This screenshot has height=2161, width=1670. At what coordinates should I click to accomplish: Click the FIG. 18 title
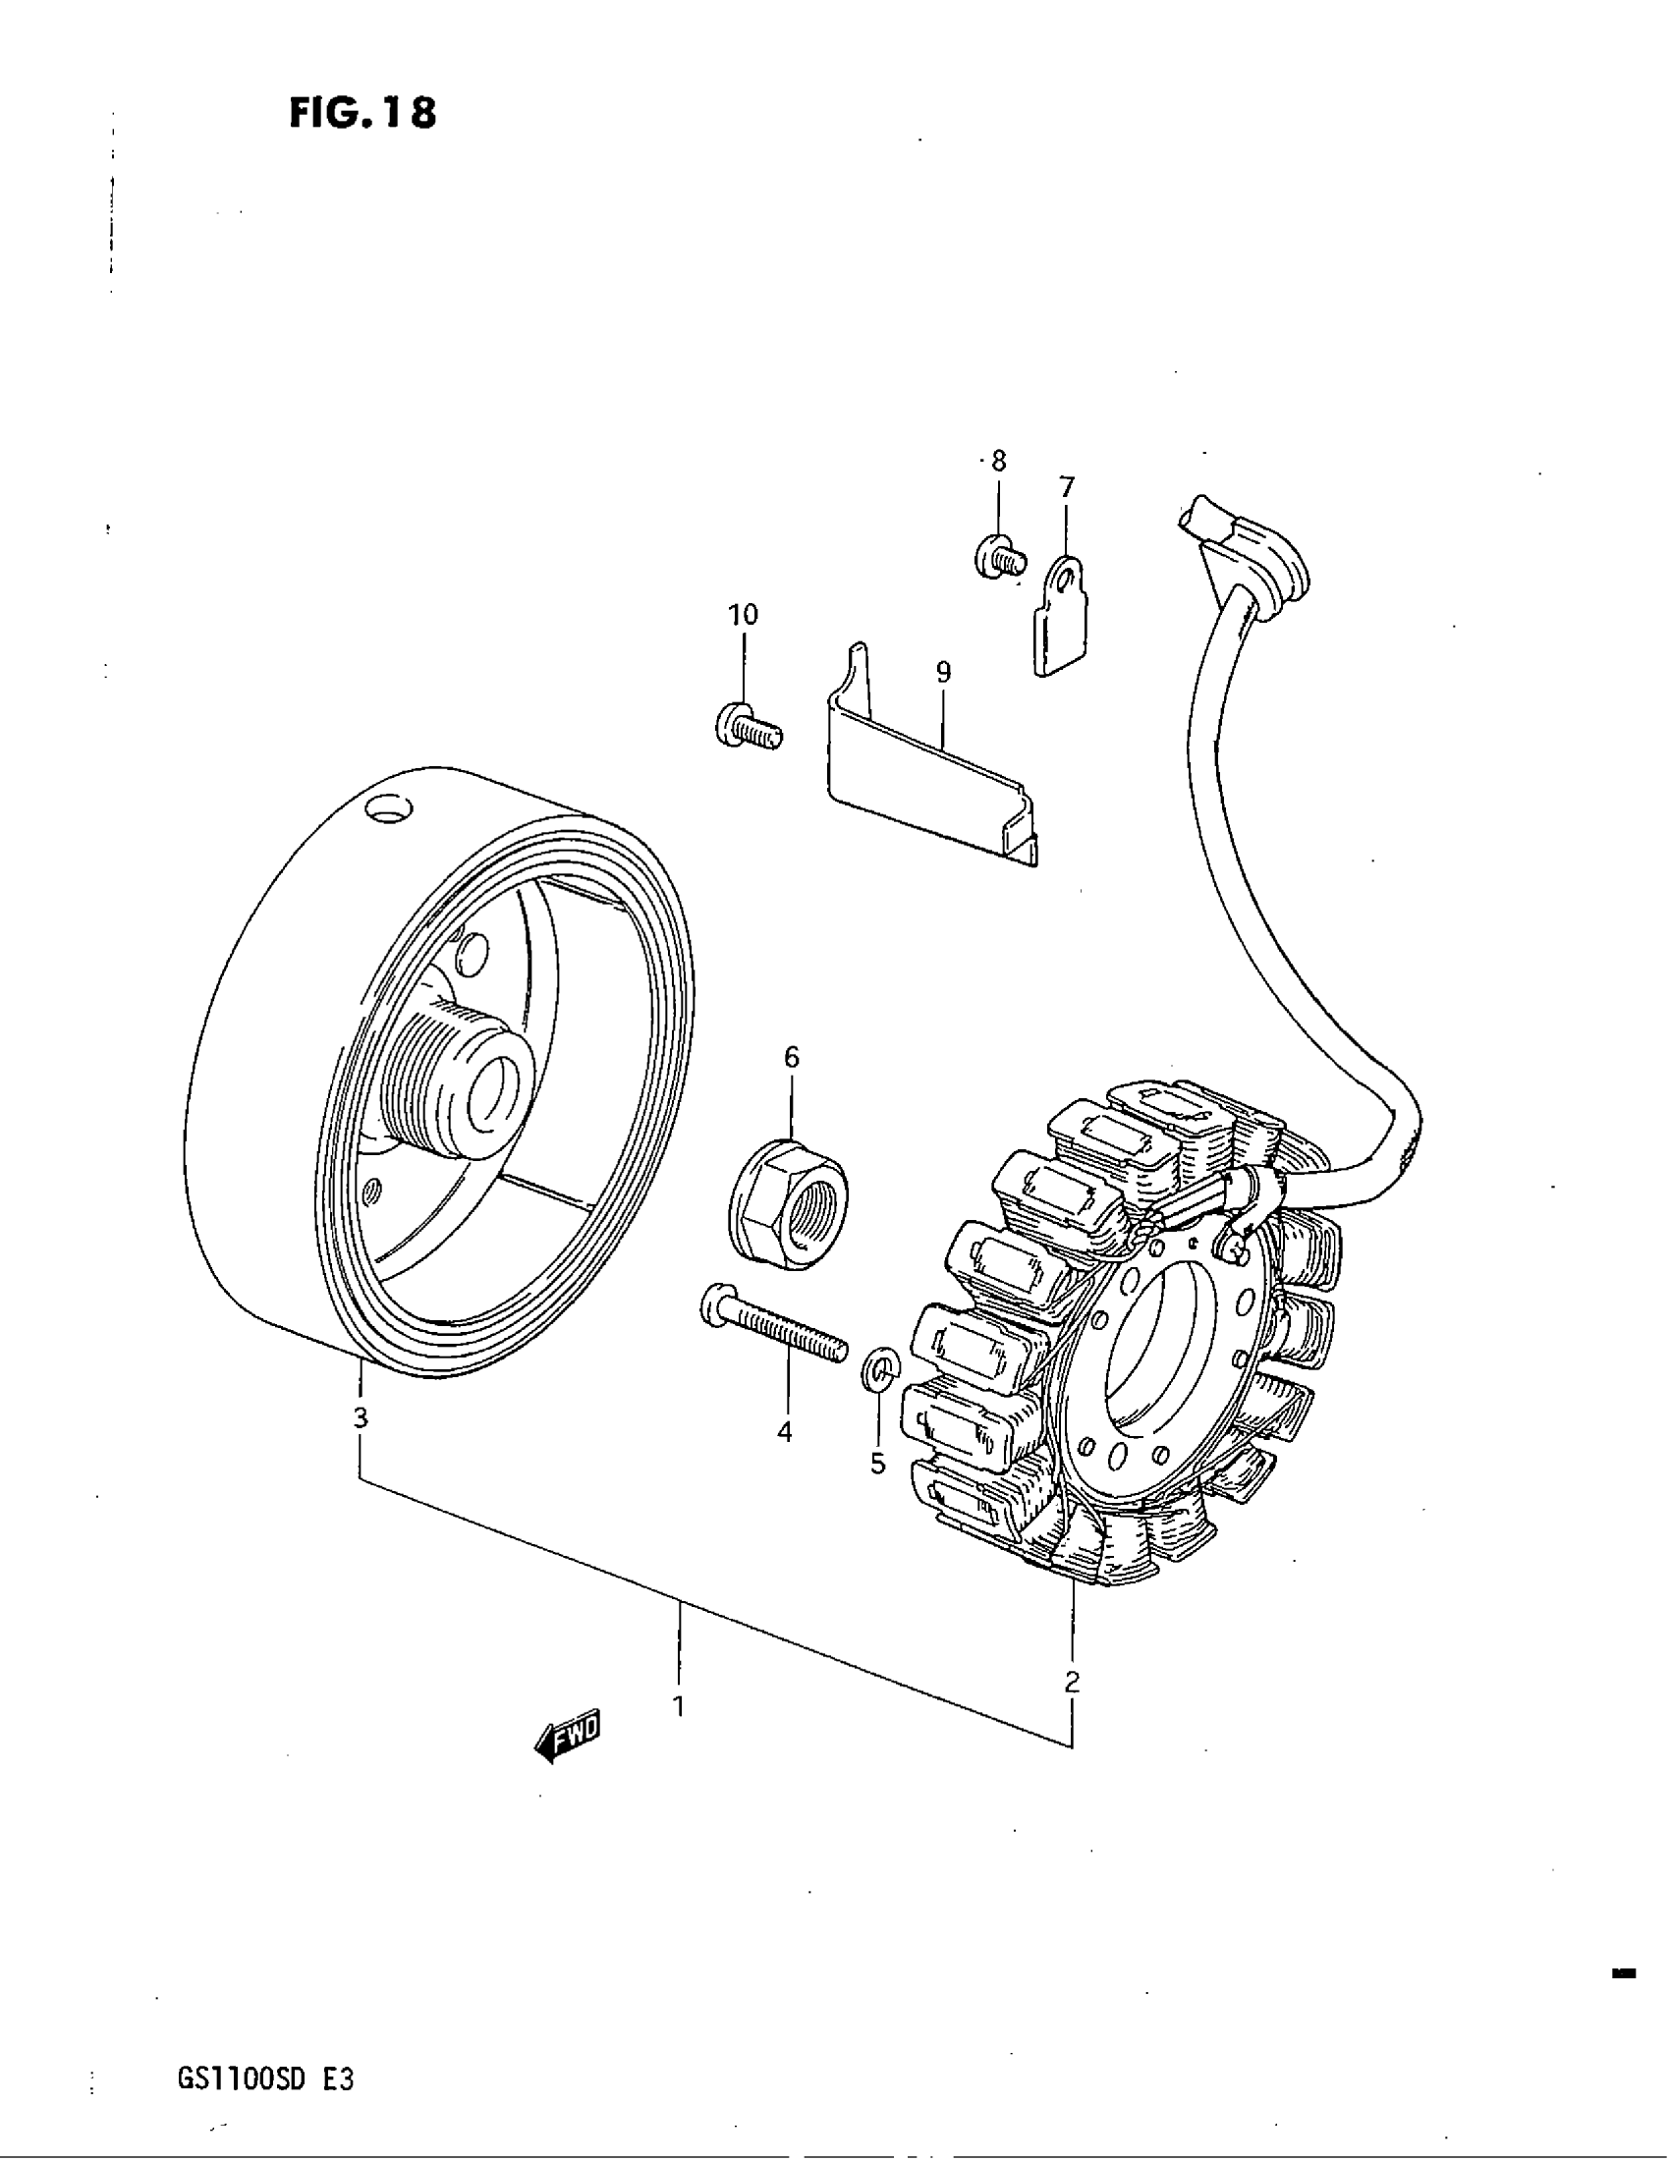tap(362, 114)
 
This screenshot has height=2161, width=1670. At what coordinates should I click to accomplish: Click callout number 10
tap(743, 615)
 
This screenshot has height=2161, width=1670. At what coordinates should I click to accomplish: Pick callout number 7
tap(1066, 487)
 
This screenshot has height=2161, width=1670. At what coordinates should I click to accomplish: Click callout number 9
tap(943, 673)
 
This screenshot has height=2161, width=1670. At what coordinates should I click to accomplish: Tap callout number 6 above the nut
tap(792, 1057)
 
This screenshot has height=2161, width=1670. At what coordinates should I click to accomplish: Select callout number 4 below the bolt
tap(785, 1431)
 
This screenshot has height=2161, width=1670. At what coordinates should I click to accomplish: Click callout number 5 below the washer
tap(878, 1464)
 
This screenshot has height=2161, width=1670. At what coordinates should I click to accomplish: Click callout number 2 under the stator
tap(1072, 1681)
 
